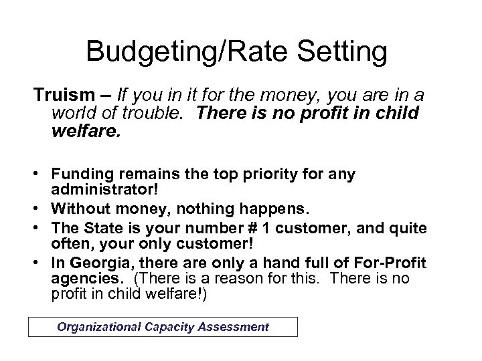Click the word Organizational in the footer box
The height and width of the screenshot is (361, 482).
(99, 327)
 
